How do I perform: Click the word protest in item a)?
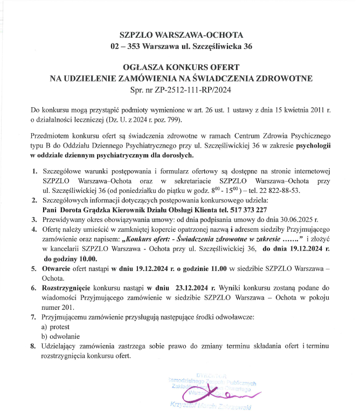click(x=60, y=326)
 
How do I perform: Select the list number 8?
click(x=33, y=346)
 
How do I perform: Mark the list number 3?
click(x=33, y=220)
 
